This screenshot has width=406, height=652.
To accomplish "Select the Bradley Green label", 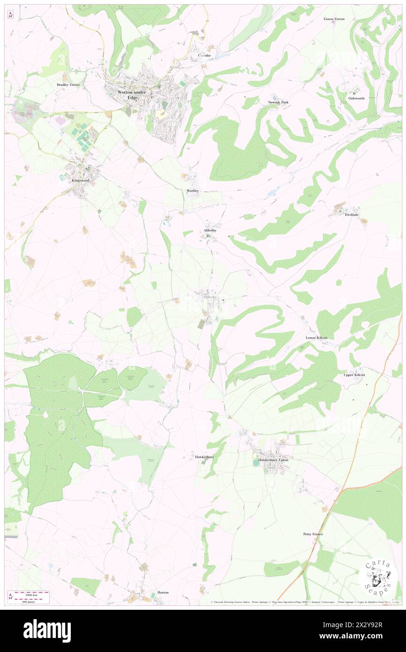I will click(x=68, y=85).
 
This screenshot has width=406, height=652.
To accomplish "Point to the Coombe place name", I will click(x=204, y=55).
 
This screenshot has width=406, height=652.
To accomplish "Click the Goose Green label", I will click(x=334, y=19).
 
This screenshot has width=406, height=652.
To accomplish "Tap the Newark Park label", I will click(x=277, y=102).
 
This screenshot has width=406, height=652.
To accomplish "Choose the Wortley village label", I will click(x=193, y=191).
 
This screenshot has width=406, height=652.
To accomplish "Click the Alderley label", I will click(x=210, y=230).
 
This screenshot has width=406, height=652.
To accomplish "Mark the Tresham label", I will click(x=351, y=214).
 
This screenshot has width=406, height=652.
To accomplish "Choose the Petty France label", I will click(x=313, y=534).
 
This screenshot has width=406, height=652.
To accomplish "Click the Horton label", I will click(x=163, y=592).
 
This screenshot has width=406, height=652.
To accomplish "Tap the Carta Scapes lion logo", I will click(x=378, y=578).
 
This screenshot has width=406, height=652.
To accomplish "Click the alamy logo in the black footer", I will click(x=47, y=631).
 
